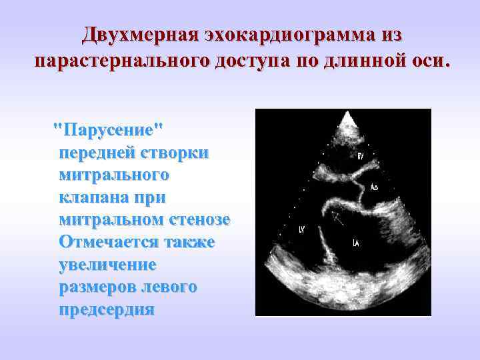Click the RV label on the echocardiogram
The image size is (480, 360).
click(361, 156)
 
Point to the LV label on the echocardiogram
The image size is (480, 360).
click(302, 230)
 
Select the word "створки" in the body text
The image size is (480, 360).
click(176, 152)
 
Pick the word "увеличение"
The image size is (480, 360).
click(107, 265)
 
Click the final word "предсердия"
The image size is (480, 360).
click(106, 310)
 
